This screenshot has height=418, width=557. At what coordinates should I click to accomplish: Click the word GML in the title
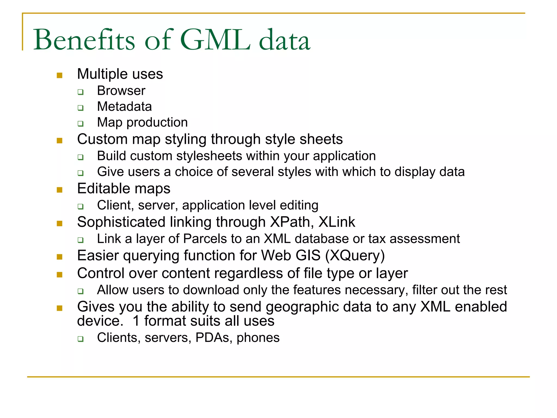215,40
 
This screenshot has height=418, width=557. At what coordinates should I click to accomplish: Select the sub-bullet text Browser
121,91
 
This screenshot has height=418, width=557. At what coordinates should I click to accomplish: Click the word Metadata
124,107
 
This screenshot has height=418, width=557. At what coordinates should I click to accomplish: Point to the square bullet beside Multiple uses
60,75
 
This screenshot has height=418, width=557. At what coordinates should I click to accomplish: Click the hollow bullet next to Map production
80,124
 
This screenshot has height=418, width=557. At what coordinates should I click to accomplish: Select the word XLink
337,222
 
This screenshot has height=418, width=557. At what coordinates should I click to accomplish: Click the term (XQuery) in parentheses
355,256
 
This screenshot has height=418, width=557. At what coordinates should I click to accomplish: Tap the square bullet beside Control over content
60,274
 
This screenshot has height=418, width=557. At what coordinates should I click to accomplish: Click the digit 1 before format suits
136,321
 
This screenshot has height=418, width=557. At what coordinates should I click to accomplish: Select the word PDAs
212,338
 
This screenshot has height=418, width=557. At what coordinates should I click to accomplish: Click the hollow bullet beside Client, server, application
80,207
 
